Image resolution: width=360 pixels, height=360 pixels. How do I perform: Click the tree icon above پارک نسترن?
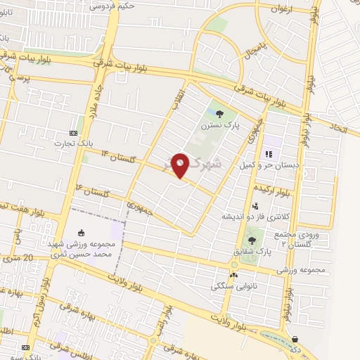coord(220,113)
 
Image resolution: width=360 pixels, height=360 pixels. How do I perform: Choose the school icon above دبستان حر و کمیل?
coord(268,154)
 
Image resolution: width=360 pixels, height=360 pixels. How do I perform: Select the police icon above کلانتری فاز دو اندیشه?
coord(256,206)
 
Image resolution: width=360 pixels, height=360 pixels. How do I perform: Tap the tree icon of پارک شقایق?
coord(252,240)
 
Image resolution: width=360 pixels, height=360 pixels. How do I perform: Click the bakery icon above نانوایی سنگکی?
coord(233,275)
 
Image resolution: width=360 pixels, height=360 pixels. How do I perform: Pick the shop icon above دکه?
coord(295,338)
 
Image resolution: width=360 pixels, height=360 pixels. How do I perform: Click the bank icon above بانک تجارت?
coord(73,132)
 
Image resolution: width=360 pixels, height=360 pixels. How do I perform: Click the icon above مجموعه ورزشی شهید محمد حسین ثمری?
coord(82,233)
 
